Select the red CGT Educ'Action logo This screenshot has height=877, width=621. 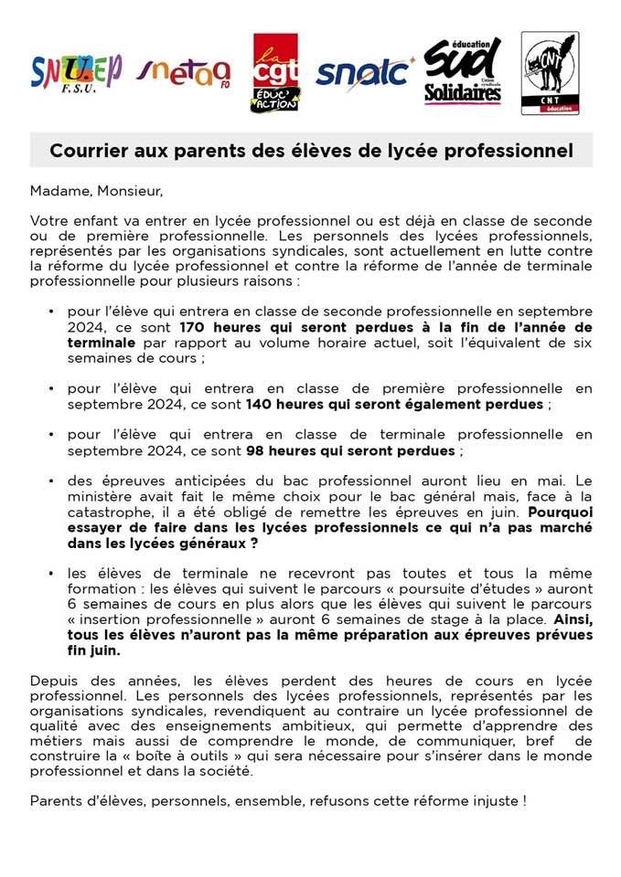(274, 72)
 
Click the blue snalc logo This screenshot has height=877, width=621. (363, 71)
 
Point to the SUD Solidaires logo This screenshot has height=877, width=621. (463, 71)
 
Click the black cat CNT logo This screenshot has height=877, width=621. (550, 73)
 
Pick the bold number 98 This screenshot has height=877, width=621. (256, 451)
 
